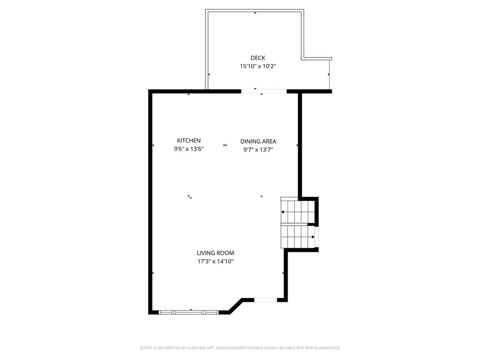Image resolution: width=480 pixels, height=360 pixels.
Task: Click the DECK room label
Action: [x=258, y=58]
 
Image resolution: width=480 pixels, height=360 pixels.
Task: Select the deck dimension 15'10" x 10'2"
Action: [x=258, y=67]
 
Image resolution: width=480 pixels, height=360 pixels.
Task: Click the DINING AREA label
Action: [x=258, y=141]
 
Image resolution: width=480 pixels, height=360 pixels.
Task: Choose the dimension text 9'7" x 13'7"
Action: [x=258, y=150]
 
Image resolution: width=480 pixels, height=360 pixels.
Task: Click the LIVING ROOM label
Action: [x=215, y=253]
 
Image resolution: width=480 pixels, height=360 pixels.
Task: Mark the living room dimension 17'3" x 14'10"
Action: [x=215, y=261]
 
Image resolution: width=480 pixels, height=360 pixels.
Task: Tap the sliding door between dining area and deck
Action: [x=265, y=92]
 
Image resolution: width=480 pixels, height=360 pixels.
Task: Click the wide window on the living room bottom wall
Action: [x=188, y=311]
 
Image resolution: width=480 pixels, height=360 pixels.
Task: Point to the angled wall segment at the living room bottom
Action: [x=235, y=306]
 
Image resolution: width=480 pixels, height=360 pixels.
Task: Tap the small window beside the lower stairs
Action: [x=318, y=236]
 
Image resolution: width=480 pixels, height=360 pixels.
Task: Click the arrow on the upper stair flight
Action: [x=283, y=212]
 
